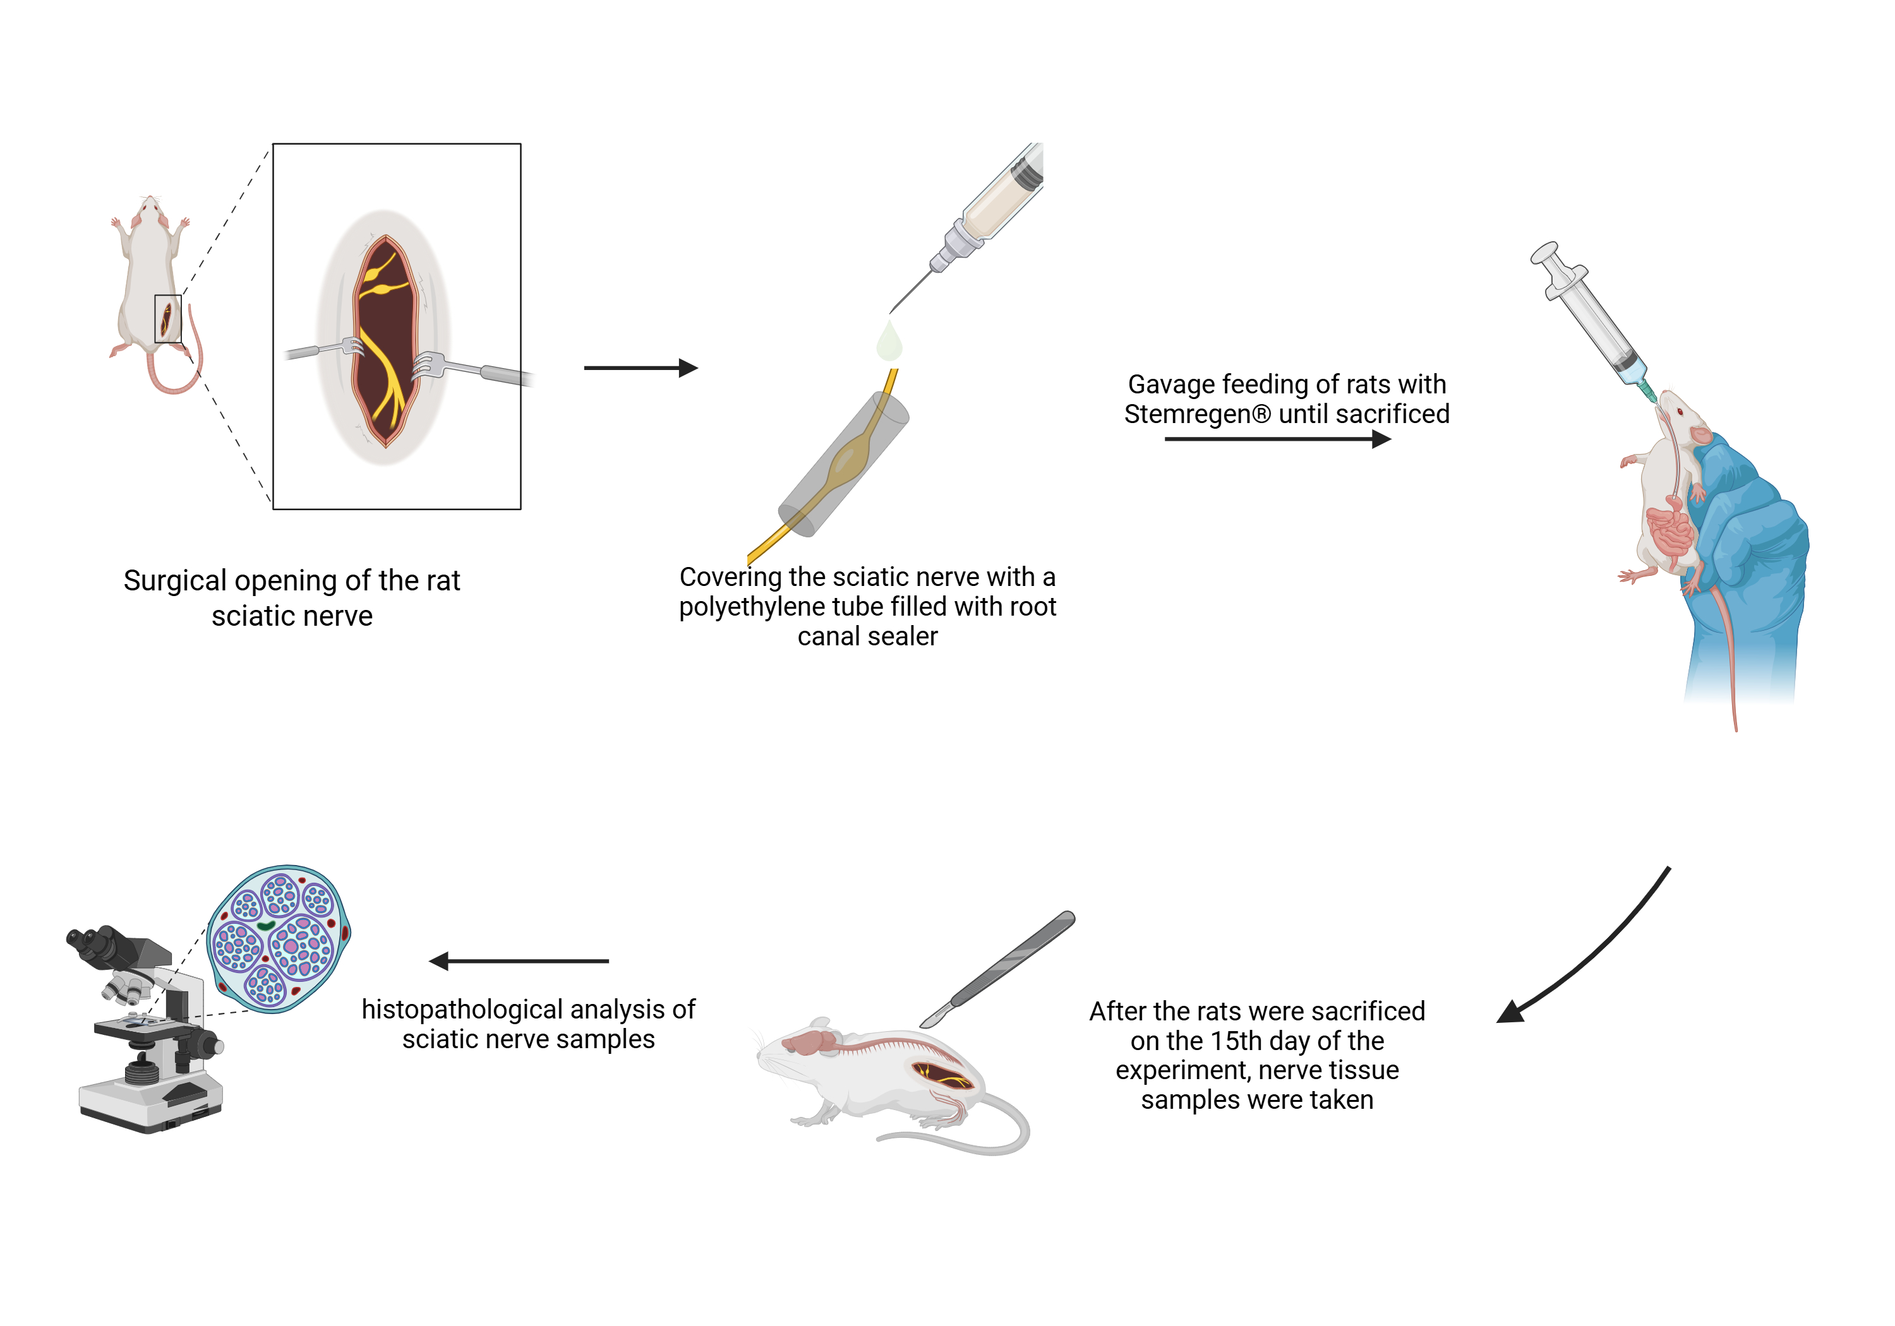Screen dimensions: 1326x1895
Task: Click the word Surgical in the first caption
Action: (x=174, y=582)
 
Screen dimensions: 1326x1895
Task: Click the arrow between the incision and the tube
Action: (x=641, y=368)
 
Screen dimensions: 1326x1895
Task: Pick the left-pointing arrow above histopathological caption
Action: (x=519, y=961)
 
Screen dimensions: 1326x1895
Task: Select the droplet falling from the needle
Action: (x=889, y=342)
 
